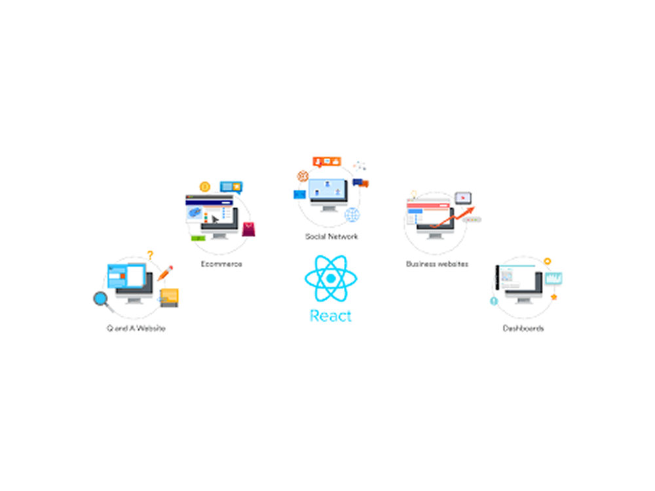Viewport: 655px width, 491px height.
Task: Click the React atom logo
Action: [331, 278]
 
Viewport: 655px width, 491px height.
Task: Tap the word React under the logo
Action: [330, 316]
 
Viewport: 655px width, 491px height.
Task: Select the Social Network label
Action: [331, 236]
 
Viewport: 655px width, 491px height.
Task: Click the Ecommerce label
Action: [221, 264]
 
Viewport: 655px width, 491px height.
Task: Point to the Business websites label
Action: [437, 264]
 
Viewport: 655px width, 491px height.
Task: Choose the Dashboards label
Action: [523, 328]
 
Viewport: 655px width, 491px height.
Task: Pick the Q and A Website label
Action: [136, 328]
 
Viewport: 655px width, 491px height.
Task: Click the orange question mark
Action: [150, 255]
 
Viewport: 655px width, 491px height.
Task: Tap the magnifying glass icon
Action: [102, 300]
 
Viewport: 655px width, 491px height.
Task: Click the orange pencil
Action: [165, 273]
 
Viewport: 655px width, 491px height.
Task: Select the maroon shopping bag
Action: [248, 229]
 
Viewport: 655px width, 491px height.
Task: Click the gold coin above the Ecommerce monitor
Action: [204, 187]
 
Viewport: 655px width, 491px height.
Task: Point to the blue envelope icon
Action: [299, 194]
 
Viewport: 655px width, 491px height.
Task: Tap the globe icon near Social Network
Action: [352, 215]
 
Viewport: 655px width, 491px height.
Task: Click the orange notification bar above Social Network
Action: [327, 162]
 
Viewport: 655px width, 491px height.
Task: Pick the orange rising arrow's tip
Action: [474, 207]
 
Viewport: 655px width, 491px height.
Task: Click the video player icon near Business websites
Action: [463, 198]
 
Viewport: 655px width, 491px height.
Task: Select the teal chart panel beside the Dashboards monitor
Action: [553, 278]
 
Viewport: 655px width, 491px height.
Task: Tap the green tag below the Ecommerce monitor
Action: [198, 238]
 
